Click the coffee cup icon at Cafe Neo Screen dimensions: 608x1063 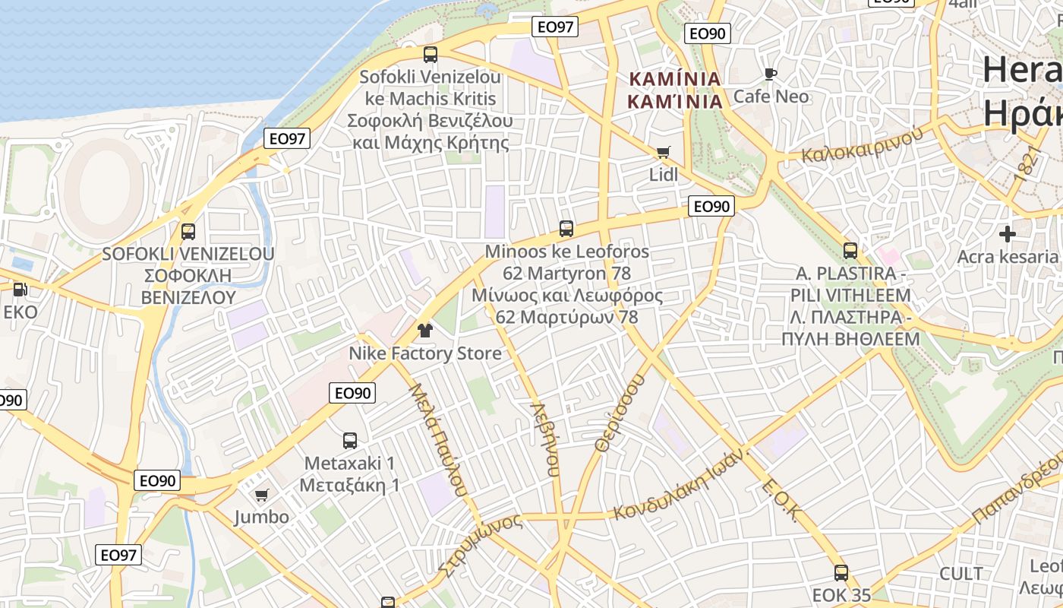coord(771,74)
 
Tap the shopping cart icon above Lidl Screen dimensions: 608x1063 coord(663,152)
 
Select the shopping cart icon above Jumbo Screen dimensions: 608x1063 coord(261,495)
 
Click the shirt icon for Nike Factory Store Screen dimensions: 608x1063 coord(424,330)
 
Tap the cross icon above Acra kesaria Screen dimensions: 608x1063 coord(1008,233)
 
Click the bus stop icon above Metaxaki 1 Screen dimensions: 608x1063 coord(349,440)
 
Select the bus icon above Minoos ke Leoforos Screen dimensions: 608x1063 coord(566,228)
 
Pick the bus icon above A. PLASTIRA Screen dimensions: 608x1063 coord(850,250)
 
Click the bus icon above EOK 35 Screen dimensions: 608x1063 coord(841,572)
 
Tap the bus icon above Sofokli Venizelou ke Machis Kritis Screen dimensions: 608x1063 coord(431,54)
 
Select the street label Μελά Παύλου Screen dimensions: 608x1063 coord(437,439)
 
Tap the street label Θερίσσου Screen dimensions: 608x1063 coord(620,413)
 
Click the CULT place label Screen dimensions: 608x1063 coord(960,573)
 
